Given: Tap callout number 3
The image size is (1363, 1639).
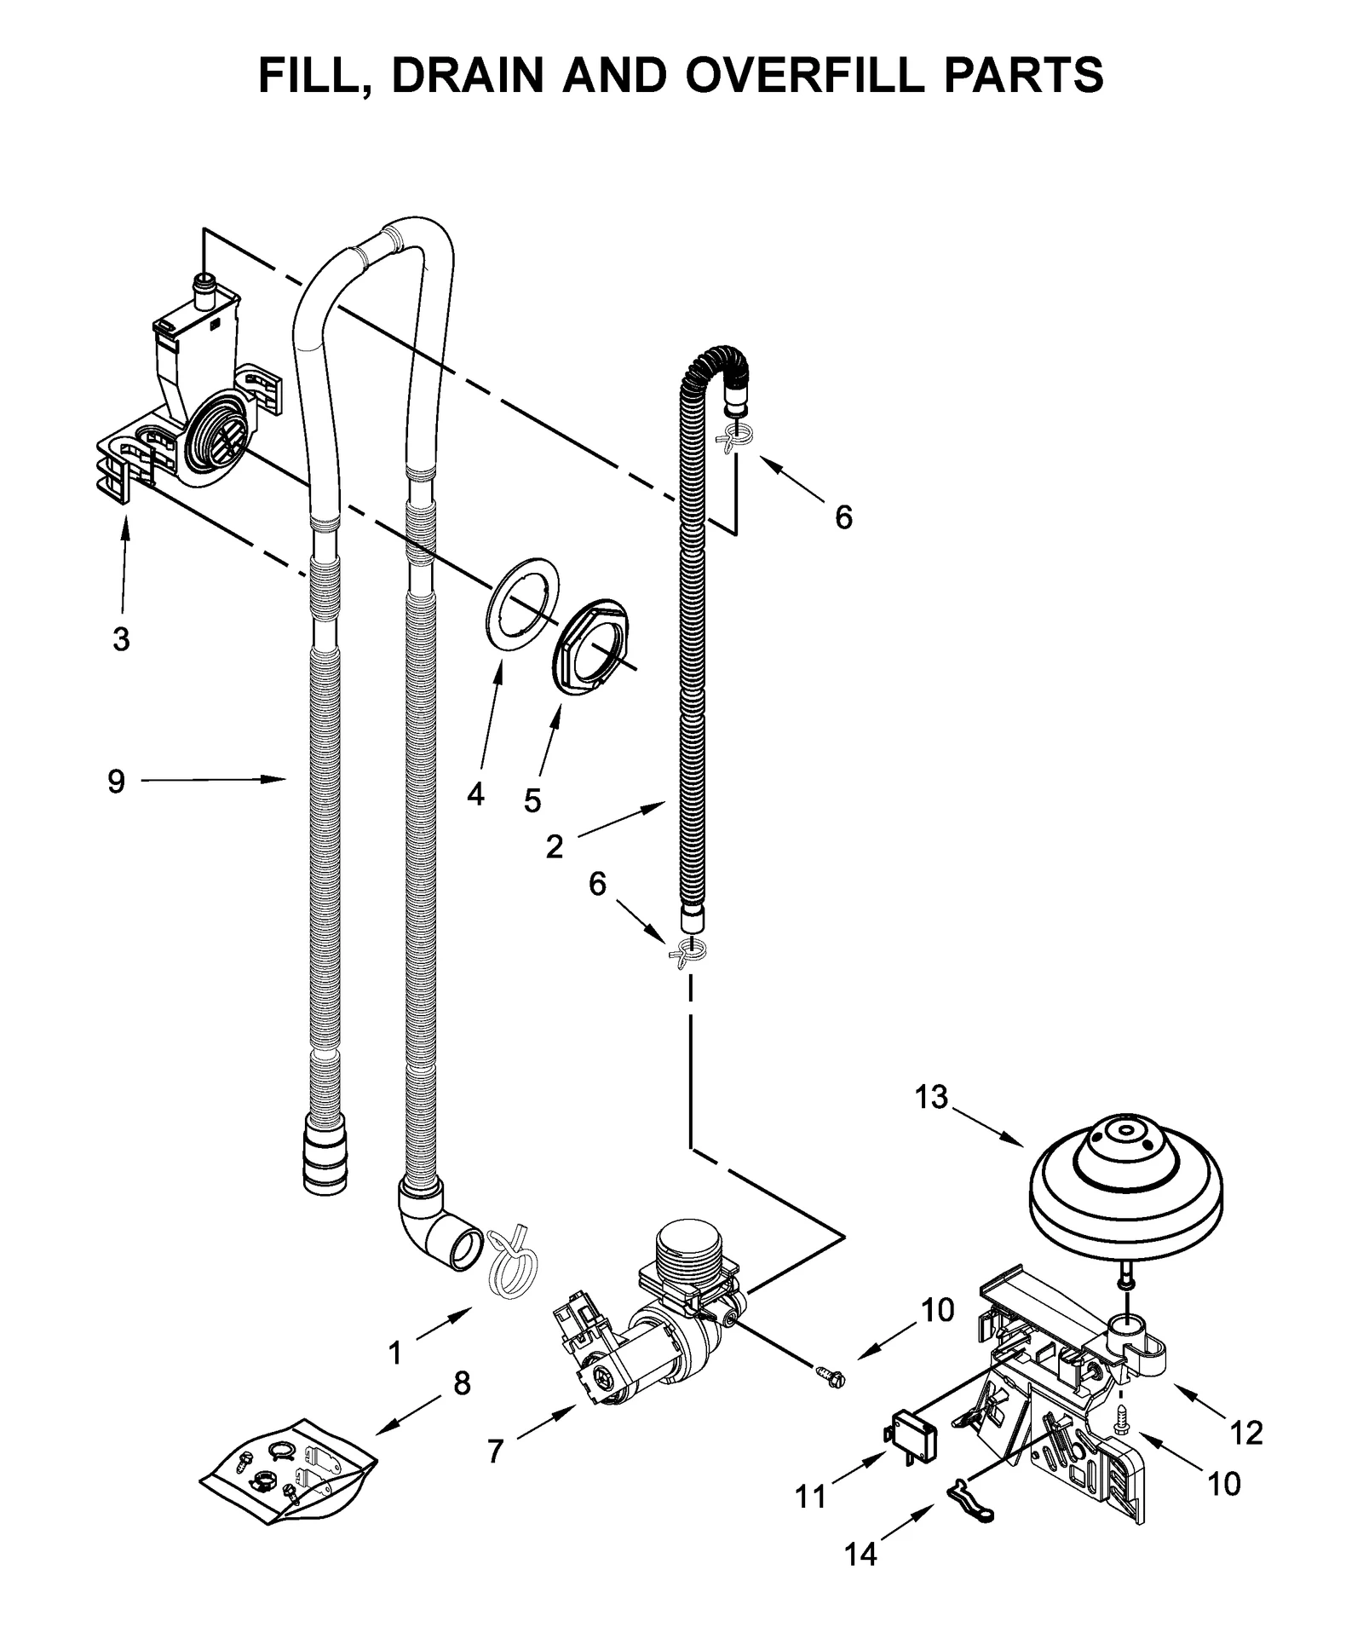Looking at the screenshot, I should pos(121,638).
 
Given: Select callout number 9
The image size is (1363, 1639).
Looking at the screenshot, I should pos(116,781).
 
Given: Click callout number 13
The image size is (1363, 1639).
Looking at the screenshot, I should pos(931,1097).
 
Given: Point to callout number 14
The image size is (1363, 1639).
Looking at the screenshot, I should pos(860,1555).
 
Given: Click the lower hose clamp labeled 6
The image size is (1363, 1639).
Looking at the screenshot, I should pos(690,953).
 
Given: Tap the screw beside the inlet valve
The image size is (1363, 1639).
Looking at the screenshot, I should pos(827,1373).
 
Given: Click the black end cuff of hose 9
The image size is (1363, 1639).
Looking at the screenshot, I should pos(325,1157).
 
